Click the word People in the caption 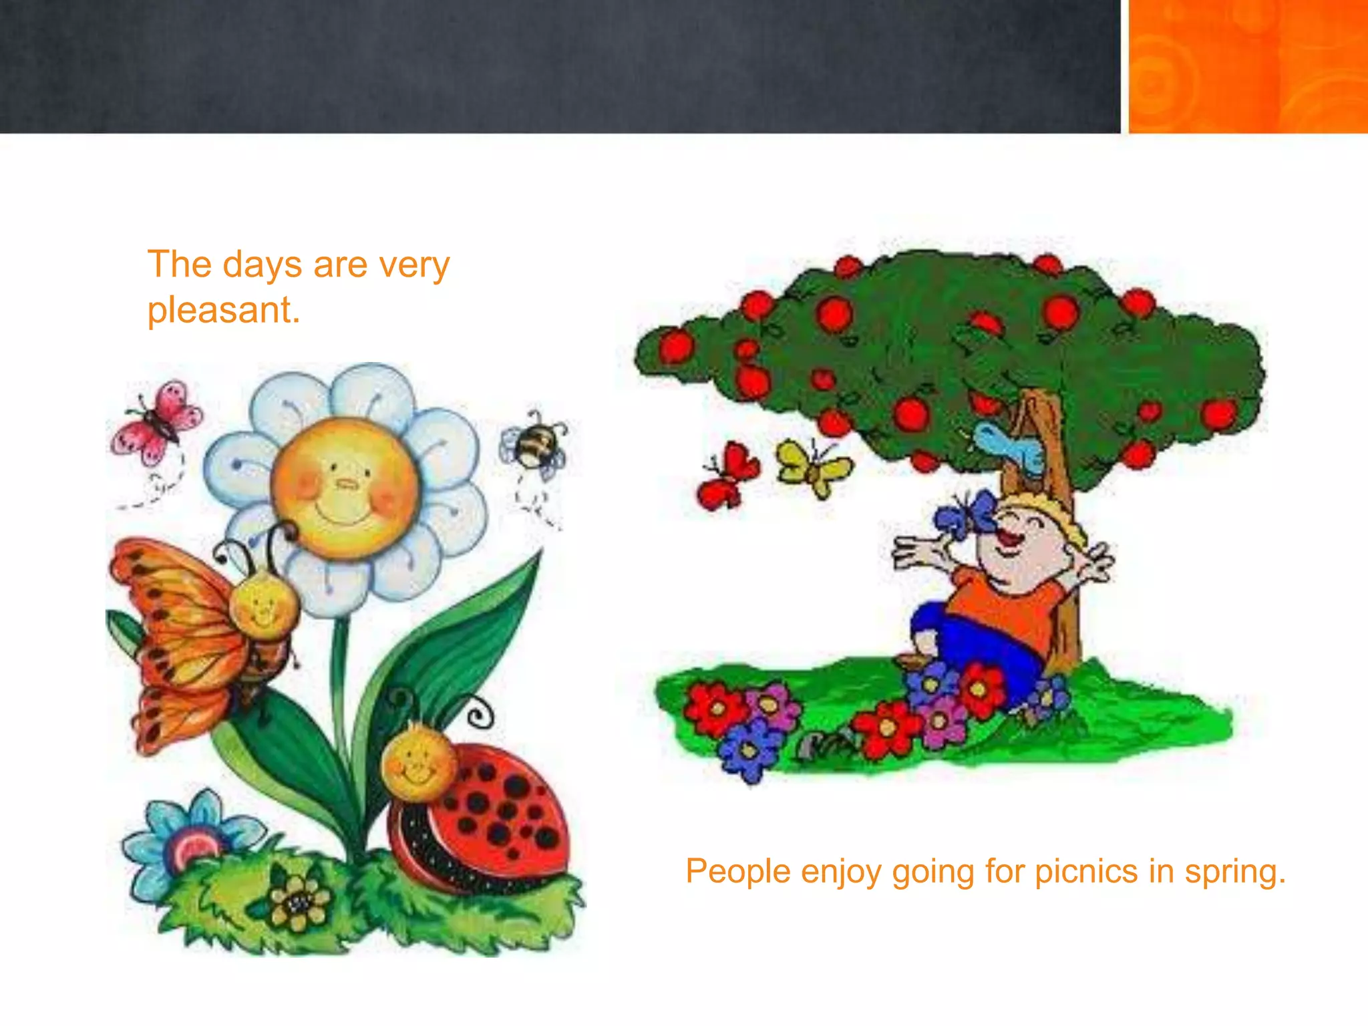(x=737, y=872)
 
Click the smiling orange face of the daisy (x=345, y=488)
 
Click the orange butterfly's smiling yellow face (x=264, y=608)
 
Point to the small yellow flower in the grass (x=298, y=901)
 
